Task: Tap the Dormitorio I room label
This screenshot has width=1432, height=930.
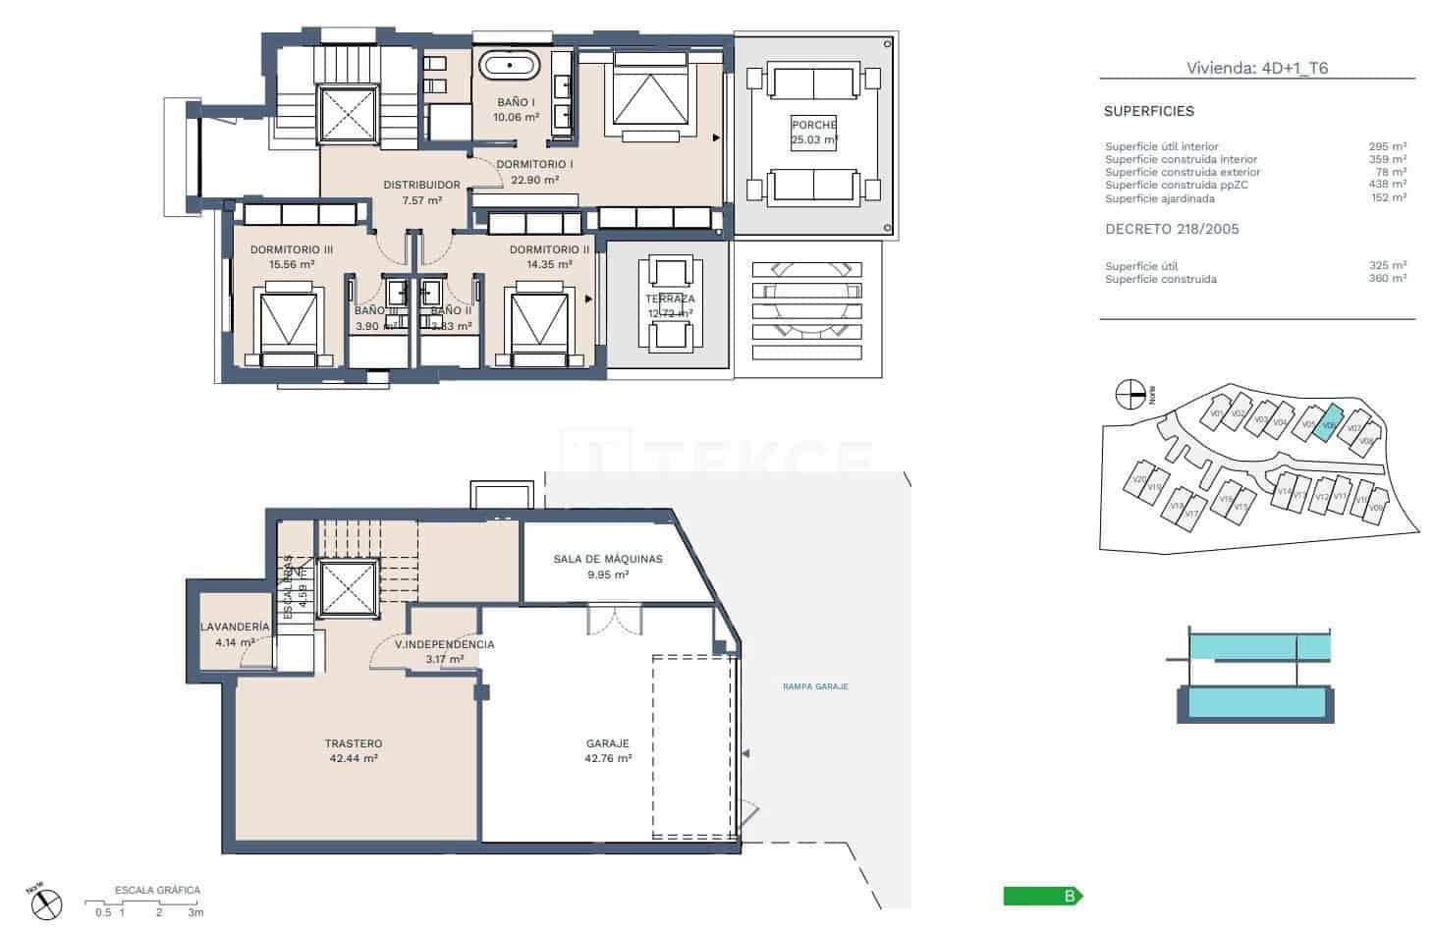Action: [534, 164]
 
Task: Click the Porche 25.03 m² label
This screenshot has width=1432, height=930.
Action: [814, 132]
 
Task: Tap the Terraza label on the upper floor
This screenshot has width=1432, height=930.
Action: [670, 300]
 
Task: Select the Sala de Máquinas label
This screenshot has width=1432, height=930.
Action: [607, 559]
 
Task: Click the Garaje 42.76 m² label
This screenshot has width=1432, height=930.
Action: [607, 750]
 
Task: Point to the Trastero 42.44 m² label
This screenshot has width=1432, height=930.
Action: [353, 750]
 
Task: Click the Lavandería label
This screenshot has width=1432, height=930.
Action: [234, 627]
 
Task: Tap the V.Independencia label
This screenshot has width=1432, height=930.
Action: [444, 645]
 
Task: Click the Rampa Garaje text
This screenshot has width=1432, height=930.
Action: [815, 686]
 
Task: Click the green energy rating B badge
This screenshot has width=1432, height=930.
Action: [1042, 896]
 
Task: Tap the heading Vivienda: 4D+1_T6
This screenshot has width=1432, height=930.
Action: [1256, 68]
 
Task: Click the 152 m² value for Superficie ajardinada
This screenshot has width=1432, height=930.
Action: [1388, 198]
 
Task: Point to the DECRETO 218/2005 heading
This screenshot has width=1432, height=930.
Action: [1172, 229]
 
